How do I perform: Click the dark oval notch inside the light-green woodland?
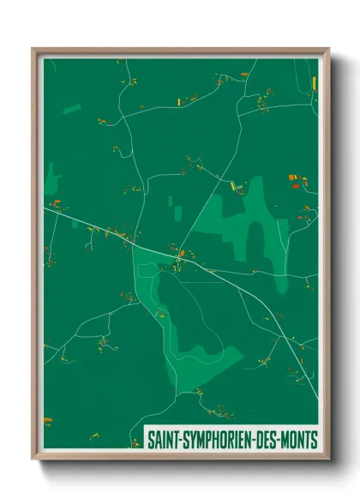[255, 237]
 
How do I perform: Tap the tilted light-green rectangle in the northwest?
[72, 109]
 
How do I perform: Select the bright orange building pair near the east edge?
[297, 180]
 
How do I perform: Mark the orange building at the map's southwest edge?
[47, 419]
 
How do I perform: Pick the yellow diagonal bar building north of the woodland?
[232, 184]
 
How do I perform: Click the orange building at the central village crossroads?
[179, 254]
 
